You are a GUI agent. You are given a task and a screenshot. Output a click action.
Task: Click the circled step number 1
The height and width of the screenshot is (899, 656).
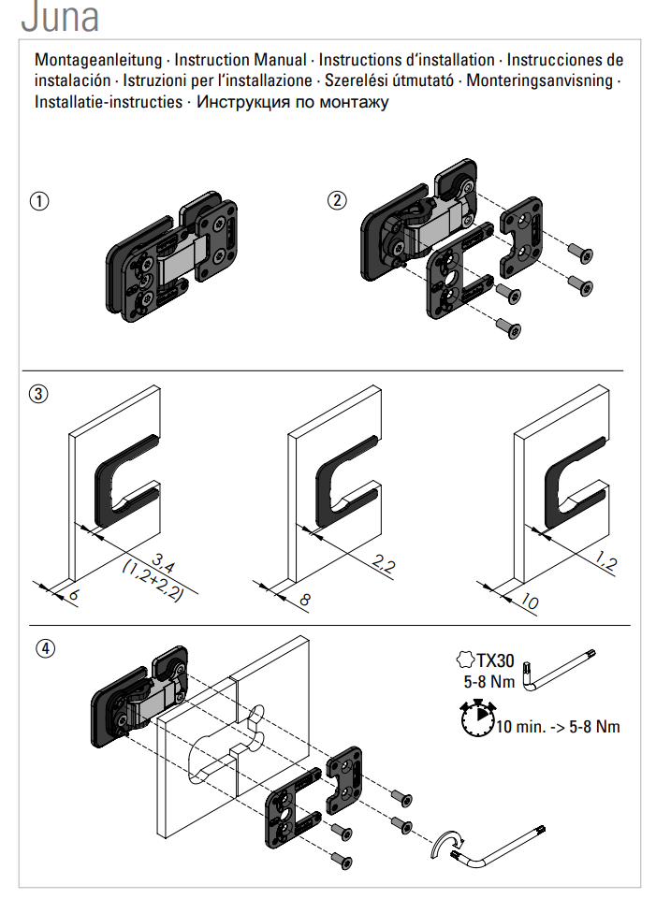click(39, 200)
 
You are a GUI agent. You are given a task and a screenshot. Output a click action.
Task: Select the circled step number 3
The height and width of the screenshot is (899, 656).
click(39, 394)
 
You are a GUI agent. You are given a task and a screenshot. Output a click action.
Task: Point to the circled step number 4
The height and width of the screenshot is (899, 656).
click(44, 647)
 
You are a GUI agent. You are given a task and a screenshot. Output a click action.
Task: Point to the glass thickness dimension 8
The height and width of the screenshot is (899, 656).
click(302, 600)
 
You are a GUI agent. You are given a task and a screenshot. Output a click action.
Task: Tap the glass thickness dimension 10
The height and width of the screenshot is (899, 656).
click(528, 602)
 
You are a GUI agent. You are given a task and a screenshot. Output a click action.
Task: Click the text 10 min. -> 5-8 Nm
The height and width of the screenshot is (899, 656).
click(558, 726)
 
